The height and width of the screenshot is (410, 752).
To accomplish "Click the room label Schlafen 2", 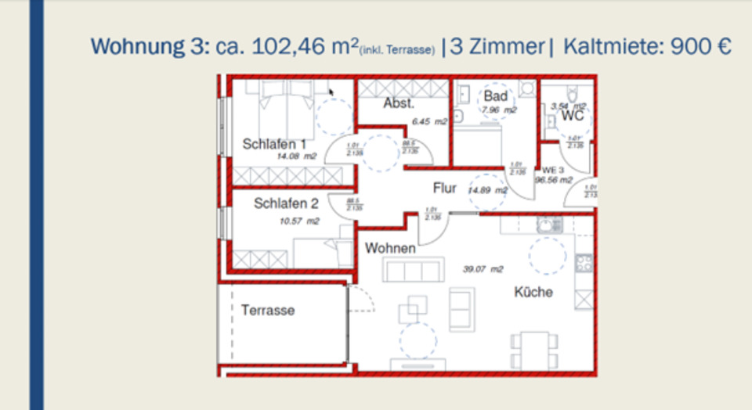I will coord(286,203).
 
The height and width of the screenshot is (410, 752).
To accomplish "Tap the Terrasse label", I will coord(268,310).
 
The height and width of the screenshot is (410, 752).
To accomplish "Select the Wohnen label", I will coord(390,248).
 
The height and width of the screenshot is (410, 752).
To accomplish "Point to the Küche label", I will coord(533,292).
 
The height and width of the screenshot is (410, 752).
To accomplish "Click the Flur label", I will coord(445,188).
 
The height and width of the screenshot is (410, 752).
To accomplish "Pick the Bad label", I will coord(495,95).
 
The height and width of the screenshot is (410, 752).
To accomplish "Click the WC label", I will coord(573,117).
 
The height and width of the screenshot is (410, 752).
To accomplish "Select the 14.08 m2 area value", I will coord(297,156).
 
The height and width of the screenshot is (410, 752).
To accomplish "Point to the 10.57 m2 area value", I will coord(300,221).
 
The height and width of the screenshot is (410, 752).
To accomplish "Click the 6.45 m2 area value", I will coord(429,121).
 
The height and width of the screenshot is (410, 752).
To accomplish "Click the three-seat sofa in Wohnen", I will coord(410,271).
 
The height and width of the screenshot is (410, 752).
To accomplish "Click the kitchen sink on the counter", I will coord(548,225).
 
